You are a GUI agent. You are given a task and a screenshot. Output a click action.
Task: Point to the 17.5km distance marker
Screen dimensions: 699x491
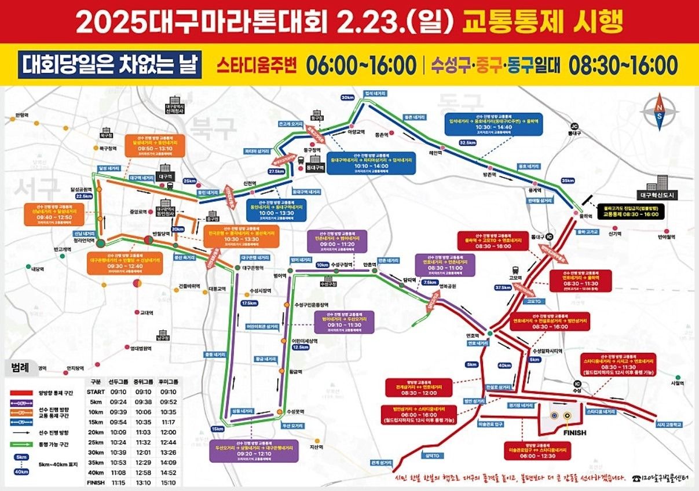[x=249, y=303]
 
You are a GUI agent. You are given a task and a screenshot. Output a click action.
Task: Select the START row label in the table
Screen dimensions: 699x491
[x=96, y=392]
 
